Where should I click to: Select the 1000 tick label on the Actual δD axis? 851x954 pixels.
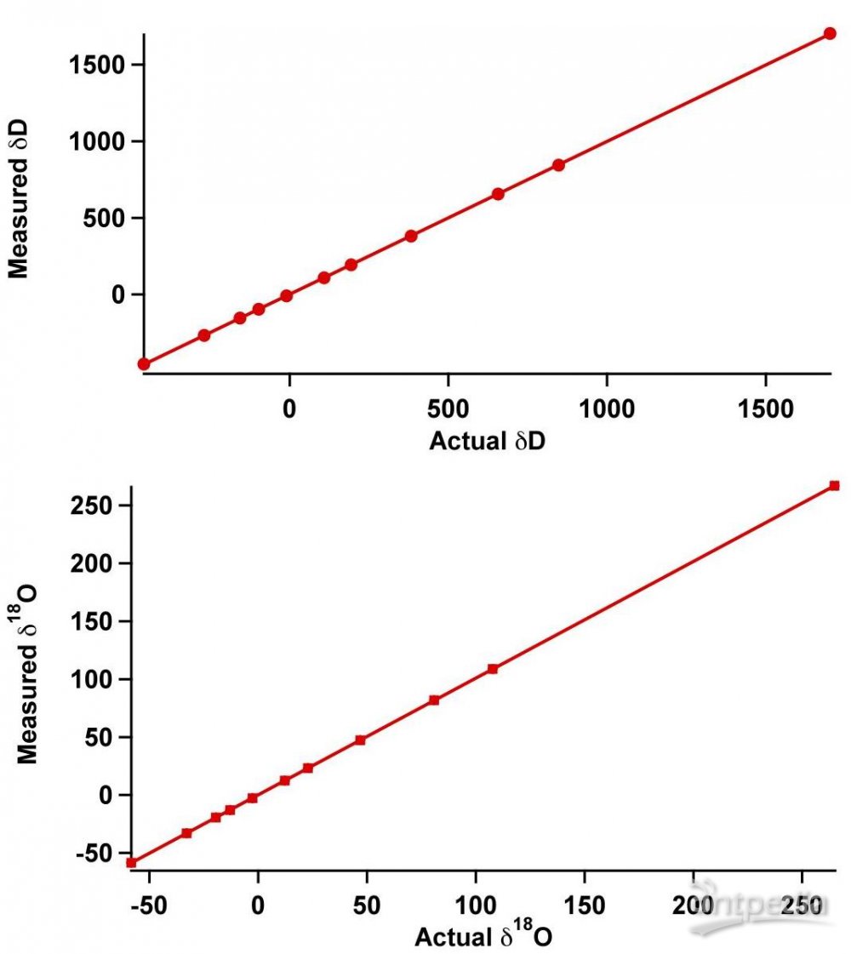point(606,410)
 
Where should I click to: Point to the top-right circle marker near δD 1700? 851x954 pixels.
point(830,34)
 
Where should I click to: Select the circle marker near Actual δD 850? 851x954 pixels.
point(558,165)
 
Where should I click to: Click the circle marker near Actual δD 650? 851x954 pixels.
point(498,194)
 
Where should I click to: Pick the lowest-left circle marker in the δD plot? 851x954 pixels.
point(144,364)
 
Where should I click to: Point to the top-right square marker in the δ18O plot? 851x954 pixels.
point(834,486)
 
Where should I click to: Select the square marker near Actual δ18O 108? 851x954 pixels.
point(492,669)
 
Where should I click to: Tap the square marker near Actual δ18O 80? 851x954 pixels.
point(434,700)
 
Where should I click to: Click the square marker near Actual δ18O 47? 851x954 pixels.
point(360,740)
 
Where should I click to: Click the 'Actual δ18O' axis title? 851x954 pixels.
point(484,936)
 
